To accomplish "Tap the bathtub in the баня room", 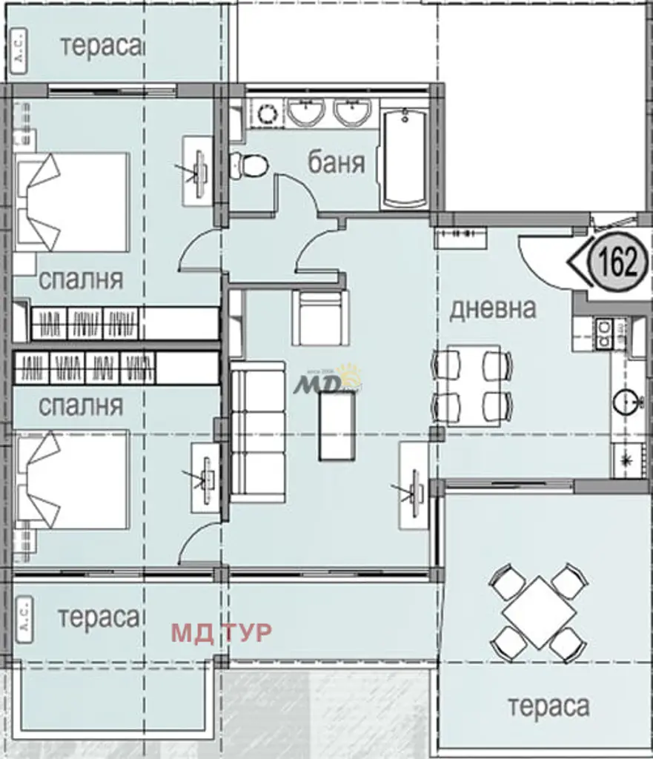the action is pyautogui.click(x=405, y=157).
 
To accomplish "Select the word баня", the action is pyautogui.click(x=337, y=162).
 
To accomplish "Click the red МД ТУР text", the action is pyautogui.click(x=222, y=632).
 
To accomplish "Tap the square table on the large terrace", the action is pyautogui.click(x=539, y=613).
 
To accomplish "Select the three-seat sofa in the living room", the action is pyautogui.click(x=257, y=433).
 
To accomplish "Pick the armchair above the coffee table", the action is pyautogui.click(x=320, y=317).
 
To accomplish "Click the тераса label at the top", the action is pyautogui.click(x=101, y=46).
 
